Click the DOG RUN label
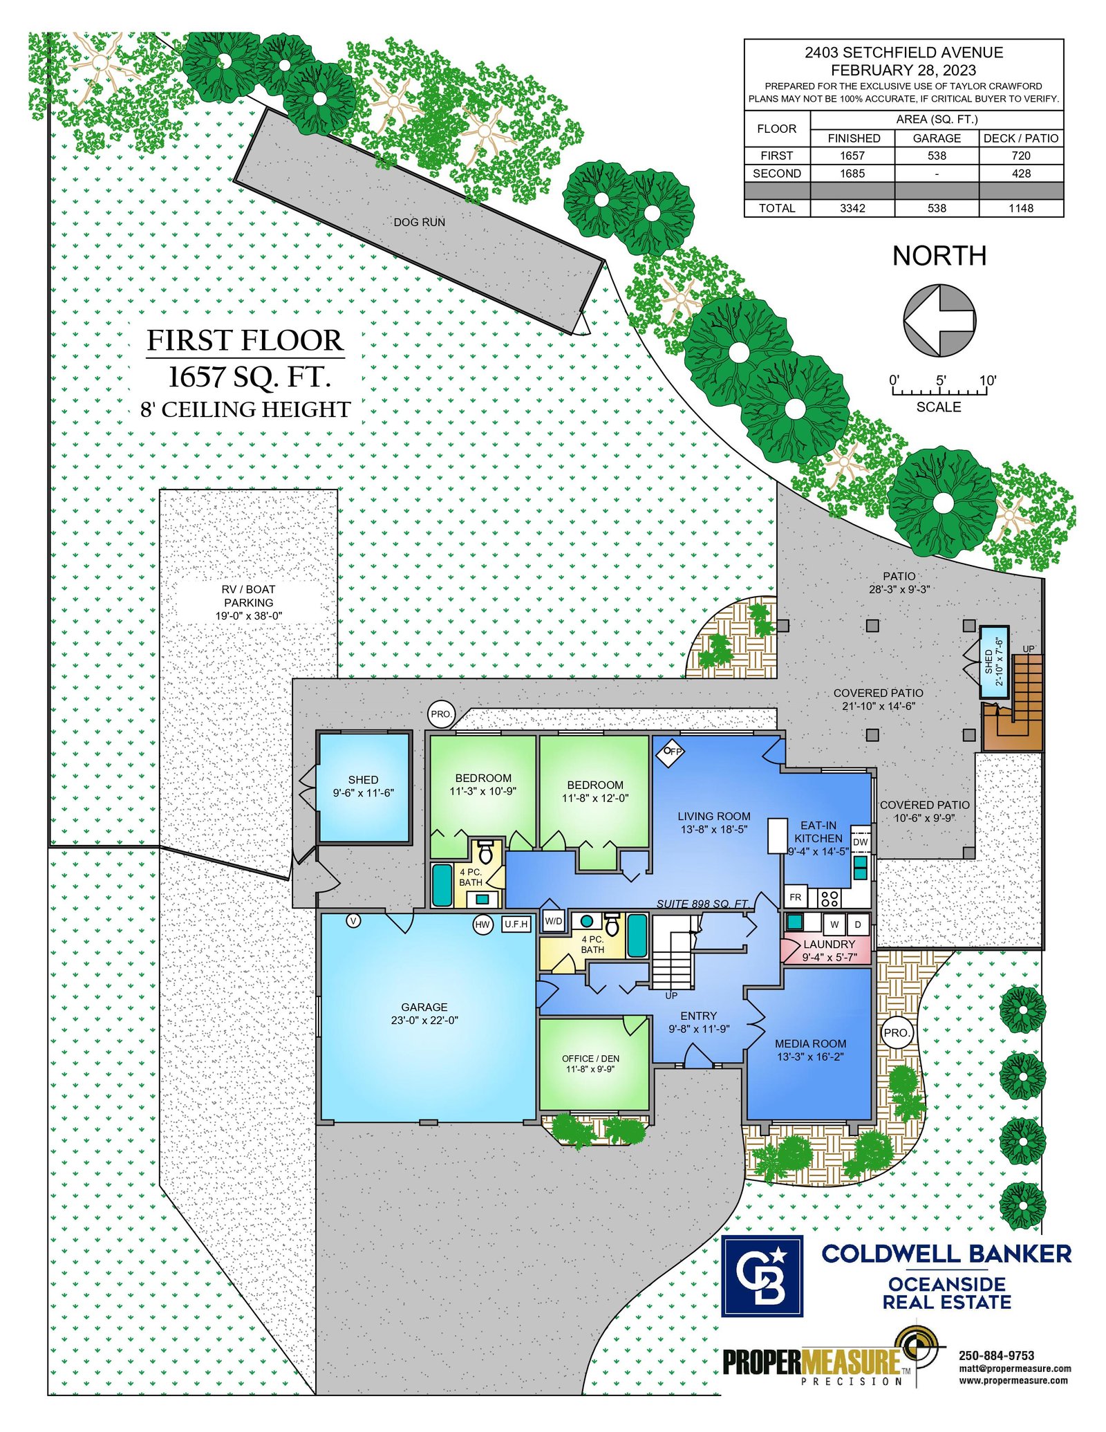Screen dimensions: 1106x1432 pos(419,222)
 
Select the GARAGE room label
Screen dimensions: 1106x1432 pos(424,1007)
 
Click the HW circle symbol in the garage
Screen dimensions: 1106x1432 pos(482,924)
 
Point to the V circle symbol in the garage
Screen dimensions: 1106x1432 pos(353,920)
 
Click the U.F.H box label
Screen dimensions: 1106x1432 pos(516,924)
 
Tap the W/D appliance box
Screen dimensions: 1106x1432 pos(553,920)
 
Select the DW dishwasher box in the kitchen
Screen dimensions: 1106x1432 pos(860,841)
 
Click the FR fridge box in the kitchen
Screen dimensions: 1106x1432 pos(796,897)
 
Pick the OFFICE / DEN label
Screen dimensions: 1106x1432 pos(590,1058)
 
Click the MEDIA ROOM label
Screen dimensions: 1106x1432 pos(810,1043)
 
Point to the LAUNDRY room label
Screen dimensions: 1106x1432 pos(829,944)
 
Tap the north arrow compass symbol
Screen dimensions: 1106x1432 pos(939,320)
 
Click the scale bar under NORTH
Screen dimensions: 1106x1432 pos(939,390)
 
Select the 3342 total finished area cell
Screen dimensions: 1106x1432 pos(852,208)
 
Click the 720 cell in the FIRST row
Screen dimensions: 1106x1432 pos(1021,156)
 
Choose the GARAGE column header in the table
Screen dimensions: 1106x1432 pos(937,138)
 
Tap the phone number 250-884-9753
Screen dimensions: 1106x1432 pos(996,1355)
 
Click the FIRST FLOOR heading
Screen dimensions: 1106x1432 pos(245,340)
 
